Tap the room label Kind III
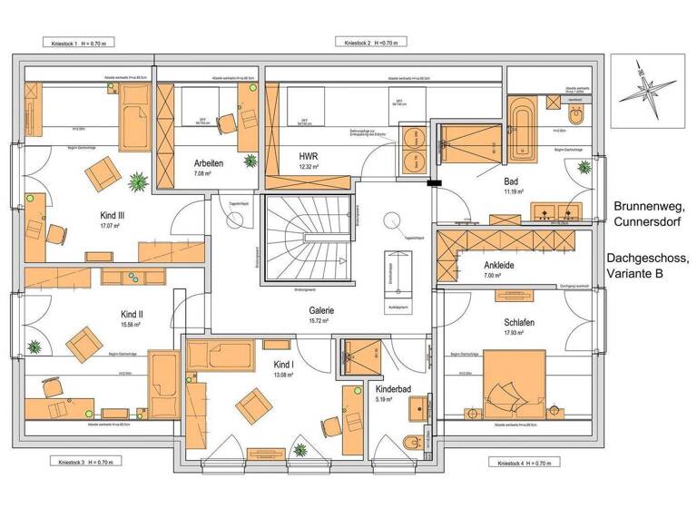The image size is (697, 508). pyautogui.click(x=113, y=216)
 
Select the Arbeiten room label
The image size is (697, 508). pyautogui.click(x=208, y=163)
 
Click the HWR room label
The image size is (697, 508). pyautogui.click(x=309, y=156)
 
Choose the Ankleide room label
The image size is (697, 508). pyautogui.click(x=499, y=264)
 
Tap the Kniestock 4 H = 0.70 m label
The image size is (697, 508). pyautogui.click(x=523, y=463)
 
